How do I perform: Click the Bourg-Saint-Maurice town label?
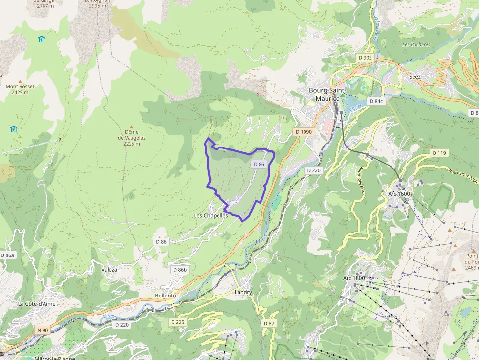327,94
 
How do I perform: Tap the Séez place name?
414,77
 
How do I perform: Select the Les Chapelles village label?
211,215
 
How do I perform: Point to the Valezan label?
110,269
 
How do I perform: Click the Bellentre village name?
166,296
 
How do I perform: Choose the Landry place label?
243,292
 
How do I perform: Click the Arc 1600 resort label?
399,194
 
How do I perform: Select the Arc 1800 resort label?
354,278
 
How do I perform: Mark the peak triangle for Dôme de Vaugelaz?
131,126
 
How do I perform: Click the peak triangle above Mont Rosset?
20,81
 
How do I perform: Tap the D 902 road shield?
365,58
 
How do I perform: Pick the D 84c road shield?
376,101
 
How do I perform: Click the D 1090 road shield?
304,132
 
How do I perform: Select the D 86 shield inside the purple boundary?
259,165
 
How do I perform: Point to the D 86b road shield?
180,270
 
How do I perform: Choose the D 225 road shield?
178,322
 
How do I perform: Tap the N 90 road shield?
43,330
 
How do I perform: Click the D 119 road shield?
439,153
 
